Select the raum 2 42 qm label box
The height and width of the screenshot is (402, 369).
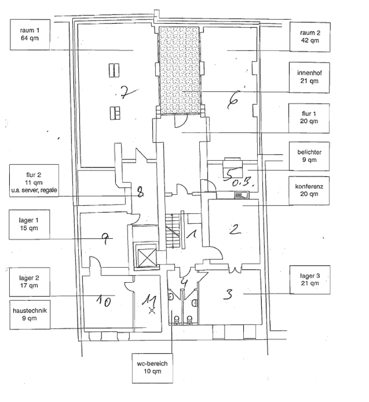[x=309, y=36]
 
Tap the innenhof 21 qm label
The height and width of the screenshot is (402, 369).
[x=309, y=78]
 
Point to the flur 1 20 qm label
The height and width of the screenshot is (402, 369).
[x=309, y=117]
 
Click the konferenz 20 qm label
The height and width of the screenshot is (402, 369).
[x=309, y=190]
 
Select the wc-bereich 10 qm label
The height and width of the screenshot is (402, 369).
[x=152, y=367]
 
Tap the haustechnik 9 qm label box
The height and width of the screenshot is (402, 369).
[x=30, y=315]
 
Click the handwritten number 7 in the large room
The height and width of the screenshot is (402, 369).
[x=125, y=93]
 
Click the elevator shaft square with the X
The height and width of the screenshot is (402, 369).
[x=145, y=255]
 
